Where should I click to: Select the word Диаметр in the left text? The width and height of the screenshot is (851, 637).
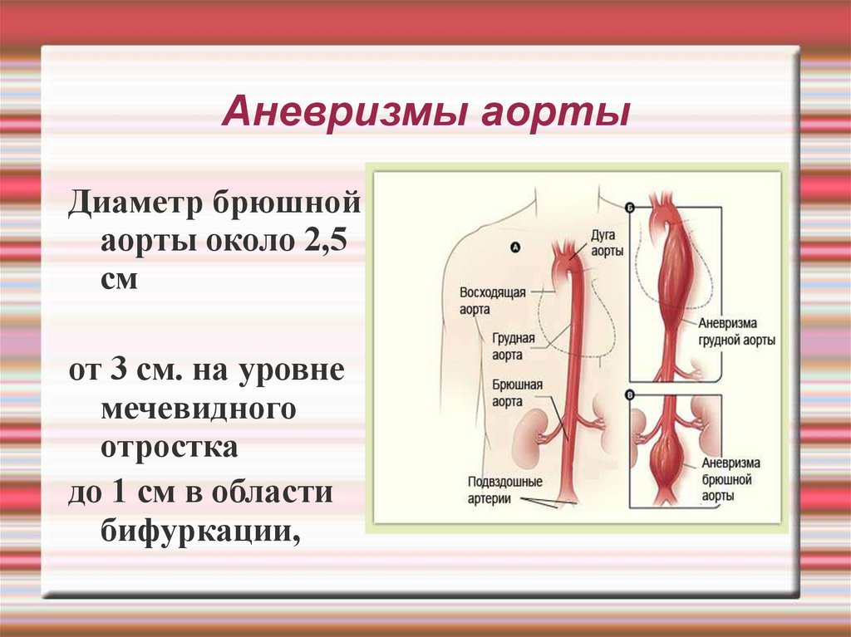[x=135, y=204]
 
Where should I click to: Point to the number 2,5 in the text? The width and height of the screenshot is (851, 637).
[x=325, y=239]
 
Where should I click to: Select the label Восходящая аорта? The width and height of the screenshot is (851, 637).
[x=492, y=301]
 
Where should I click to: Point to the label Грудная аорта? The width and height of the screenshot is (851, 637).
[x=514, y=346]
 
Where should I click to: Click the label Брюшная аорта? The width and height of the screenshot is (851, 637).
[x=517, y=393]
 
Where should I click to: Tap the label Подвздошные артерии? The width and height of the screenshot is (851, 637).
[x=504, y=490]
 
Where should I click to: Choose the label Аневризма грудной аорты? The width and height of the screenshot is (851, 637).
[x=736, y=331]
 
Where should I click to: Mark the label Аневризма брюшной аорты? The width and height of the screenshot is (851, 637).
[x=730, y=479]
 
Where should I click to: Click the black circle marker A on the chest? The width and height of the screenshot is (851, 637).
[x=515, y=247]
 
